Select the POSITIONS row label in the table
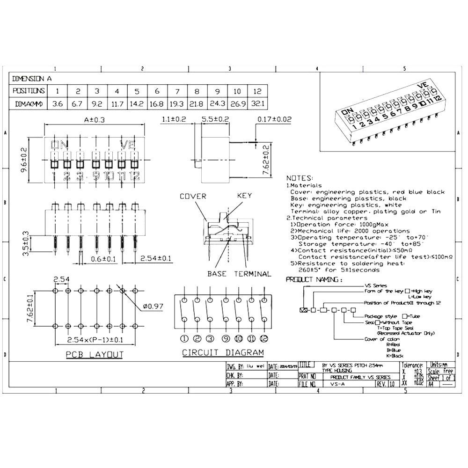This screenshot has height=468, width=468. (x=29, y=91)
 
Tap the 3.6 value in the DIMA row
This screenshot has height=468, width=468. (x=58, y=103)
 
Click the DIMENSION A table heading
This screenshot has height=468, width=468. (x=32, y=79)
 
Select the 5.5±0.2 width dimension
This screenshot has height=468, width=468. (x=215, y=120)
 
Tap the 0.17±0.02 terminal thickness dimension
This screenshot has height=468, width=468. (x=274, y=120)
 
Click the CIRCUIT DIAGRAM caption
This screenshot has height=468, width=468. (x=223, y=352)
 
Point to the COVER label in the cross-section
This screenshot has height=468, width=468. (x=193, y=196)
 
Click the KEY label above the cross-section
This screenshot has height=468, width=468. (x=244, y=196)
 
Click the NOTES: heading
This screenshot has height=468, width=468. (x=299, y=178)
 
